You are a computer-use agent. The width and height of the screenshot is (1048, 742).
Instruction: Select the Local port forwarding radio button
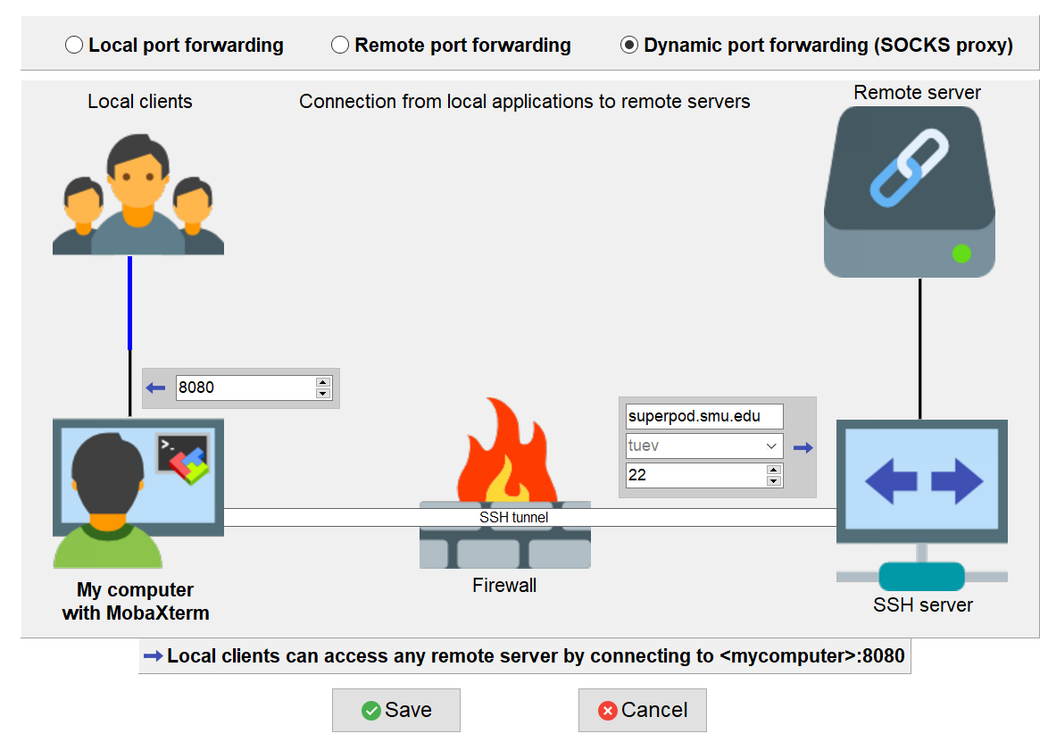[74, 45]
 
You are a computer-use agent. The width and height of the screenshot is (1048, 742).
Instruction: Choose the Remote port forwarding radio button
[340, 45]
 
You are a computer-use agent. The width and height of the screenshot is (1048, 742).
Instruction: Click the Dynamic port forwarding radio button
[629, 45]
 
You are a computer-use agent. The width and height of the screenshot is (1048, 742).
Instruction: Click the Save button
[396, 710]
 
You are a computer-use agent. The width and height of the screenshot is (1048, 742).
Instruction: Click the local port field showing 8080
[246, 388]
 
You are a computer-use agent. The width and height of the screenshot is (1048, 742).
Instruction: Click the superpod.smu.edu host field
[704, 416]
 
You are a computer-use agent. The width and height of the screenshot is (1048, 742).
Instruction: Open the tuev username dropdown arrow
[771, 446]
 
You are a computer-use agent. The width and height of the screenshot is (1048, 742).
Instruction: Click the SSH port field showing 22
[696, 475]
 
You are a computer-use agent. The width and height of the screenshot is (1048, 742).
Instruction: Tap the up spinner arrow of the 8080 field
[323, 382]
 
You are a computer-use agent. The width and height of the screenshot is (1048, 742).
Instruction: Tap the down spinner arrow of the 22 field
[774, 481]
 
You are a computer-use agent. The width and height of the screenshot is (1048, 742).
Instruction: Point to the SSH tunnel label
[514, 517]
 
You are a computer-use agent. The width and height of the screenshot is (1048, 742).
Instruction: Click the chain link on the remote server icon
[909, 168]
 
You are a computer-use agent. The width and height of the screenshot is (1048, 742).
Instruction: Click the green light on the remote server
[961, 254]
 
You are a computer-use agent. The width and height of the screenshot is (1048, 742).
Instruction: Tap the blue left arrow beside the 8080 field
[155, 388]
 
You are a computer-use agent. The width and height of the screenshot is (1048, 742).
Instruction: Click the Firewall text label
[504, 586]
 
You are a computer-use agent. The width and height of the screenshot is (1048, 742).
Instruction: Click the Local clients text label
[139, 102]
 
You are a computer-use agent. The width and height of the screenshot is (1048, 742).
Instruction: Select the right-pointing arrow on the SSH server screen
[957, 480]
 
